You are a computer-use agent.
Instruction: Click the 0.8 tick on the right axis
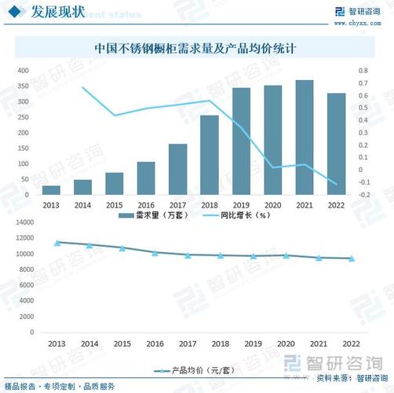[362, 71]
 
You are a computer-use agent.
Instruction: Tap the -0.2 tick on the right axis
[362, 195]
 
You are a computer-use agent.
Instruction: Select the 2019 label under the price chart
[253, 345]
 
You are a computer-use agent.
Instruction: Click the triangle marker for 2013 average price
[57, 243]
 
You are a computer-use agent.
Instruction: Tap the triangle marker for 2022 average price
[351, 259]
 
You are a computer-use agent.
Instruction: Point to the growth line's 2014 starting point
[83, 88]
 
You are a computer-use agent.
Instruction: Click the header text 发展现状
[56, 12]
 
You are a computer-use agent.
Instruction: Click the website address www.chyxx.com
[363, 23]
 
